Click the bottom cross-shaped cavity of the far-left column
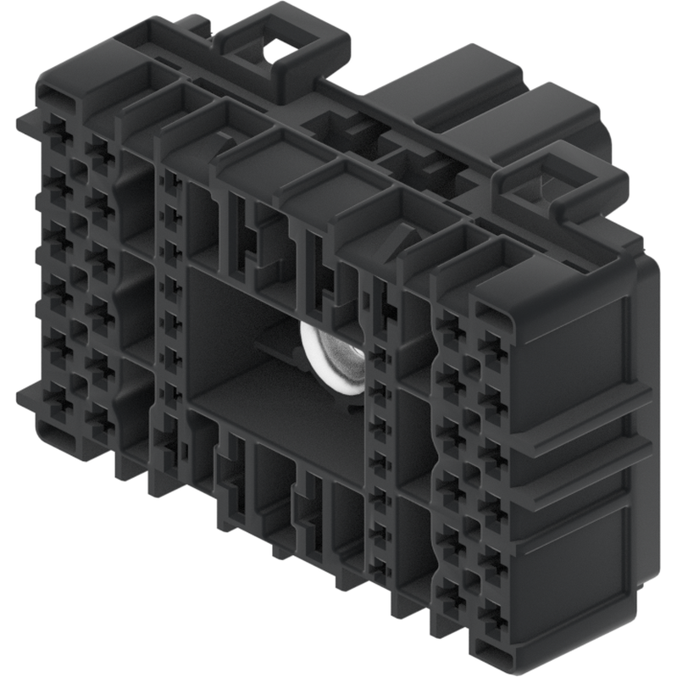click(x=58, y=397)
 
